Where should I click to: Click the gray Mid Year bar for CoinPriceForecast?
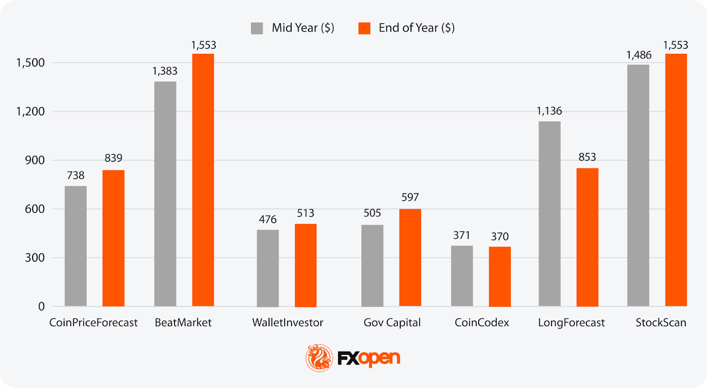click(x=76, y=246)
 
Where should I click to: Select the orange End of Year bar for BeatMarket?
click(x=203, y=180)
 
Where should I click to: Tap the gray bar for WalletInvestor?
click(x=268, y=268)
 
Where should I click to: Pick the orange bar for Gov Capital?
click(x=410, y=257)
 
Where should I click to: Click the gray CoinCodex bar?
click(x=462, y=276)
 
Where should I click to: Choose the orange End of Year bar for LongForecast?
click(x=587, y=237)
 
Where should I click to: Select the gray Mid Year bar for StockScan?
click(x=638, y=185)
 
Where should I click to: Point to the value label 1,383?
click(x=165, y=71)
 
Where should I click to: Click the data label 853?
click(x=587, y=157)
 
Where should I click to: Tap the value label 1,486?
click(x=639, y=55)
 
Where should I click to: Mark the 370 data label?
click(x=500, y=237)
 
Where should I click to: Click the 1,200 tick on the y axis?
click(x=30, y=111)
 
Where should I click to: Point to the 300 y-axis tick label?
click(x=35, y=258)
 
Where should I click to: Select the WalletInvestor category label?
click(x=288, y=323)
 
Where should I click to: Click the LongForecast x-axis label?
click(x=571, y=323)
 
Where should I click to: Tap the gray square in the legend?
click(x=257, y=28)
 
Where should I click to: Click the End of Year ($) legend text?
click(x=416, y=28)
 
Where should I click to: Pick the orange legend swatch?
click(x=364, y=28)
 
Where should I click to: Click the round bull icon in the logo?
click(x=319, y=358)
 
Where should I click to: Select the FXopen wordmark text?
click(x=369, y=358)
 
